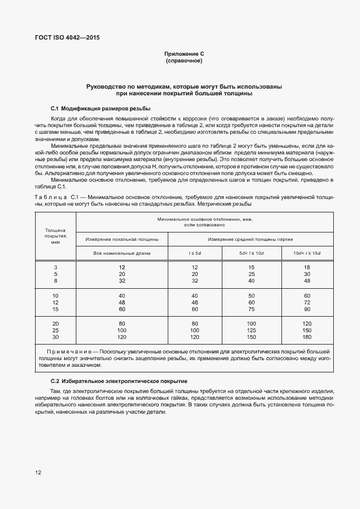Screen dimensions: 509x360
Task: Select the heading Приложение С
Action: pos(184,54)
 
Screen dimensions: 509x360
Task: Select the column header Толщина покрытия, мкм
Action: pos(55,236)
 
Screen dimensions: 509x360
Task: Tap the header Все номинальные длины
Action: pos(121,254)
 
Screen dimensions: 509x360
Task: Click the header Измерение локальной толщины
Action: pos(121,239)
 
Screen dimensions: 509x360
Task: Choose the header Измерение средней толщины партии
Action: pos(250,239)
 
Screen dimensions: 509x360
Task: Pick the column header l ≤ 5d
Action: pos(195,254)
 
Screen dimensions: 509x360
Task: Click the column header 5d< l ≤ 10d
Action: pos(251,254)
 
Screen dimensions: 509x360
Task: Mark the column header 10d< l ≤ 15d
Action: pos(307,254)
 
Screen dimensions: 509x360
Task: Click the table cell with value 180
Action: pos(307,337)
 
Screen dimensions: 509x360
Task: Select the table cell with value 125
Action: pos(251,330)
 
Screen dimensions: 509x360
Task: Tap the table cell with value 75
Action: pos(251,309)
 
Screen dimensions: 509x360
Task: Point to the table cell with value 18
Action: pos(307,267)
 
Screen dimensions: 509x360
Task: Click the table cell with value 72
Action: pos(307,302)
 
